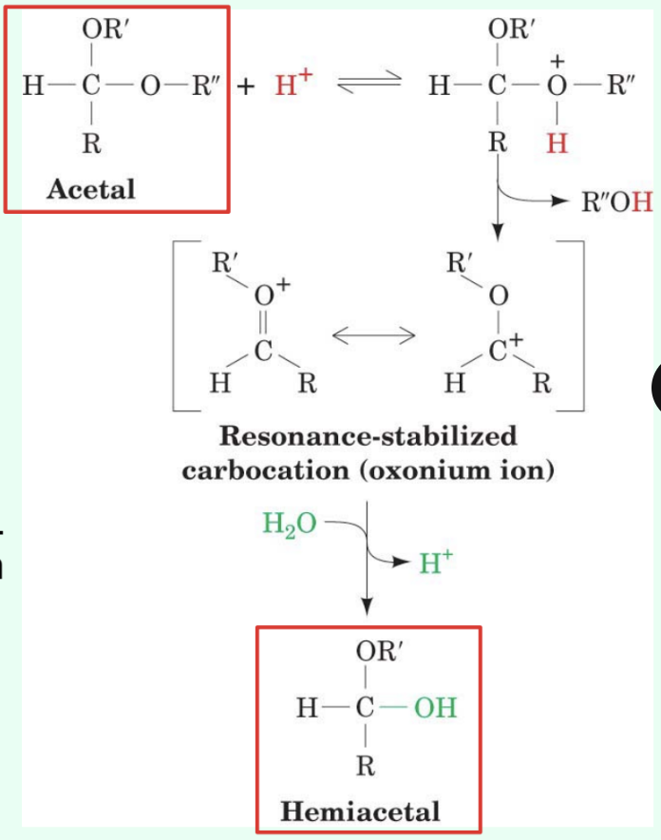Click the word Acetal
click(91, 189)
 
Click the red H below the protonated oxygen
click(557, 143)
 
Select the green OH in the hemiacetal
click(434, 708)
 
